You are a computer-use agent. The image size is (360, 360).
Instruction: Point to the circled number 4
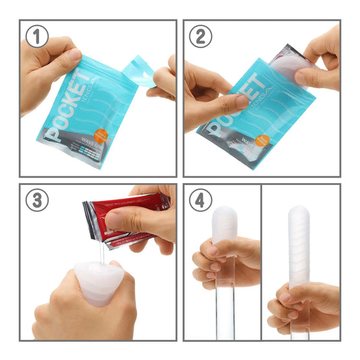pos(200,201)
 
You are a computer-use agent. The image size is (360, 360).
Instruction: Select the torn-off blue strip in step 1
pos(142,72)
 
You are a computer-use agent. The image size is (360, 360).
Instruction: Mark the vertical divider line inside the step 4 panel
pos(261,270)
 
